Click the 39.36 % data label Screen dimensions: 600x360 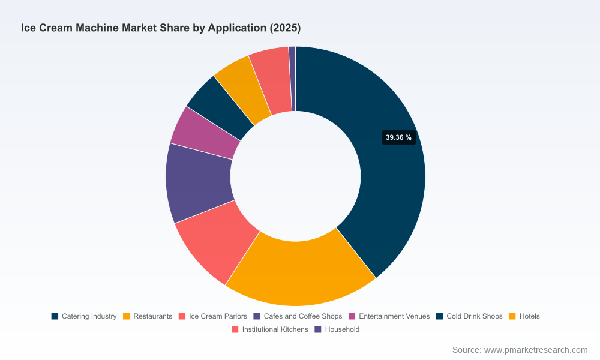tap(399, 137)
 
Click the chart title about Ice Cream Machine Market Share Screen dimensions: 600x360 tap(161, 28)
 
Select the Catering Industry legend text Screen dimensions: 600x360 tap(89, 316)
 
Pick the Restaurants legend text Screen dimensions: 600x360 tap(152, 316)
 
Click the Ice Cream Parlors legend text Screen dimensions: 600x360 tap(218, 316)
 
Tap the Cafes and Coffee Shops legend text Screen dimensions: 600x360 tap(302, 316)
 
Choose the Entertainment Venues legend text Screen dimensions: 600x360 tap(394, 316)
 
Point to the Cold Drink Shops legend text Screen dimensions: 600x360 tap(475, 316)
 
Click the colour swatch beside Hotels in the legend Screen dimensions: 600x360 tap(512, 316)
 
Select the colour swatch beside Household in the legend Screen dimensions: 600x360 tap(318, 329)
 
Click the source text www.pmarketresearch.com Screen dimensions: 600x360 tap(536, 350)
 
